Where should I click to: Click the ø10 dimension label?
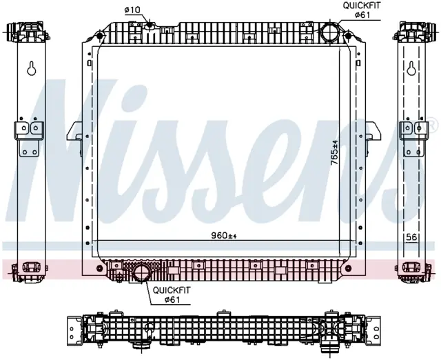pyautogui.click(x=132, y=10)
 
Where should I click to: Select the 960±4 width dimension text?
pyautogui.click(x=224, y=235)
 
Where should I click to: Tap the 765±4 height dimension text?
pyautogui.click(x=335, y=153)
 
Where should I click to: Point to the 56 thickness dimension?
pyautogui.click(x=411, y=237)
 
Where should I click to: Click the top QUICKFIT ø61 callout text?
pyautogui.click(x=361, y=10)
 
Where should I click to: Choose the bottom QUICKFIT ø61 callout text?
pyautogui.click(x=172, y=294)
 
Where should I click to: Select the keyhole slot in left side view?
pyautogui.click(x=32, y=68)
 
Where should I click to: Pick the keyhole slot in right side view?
pyautogui.click(x=411, y=68)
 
